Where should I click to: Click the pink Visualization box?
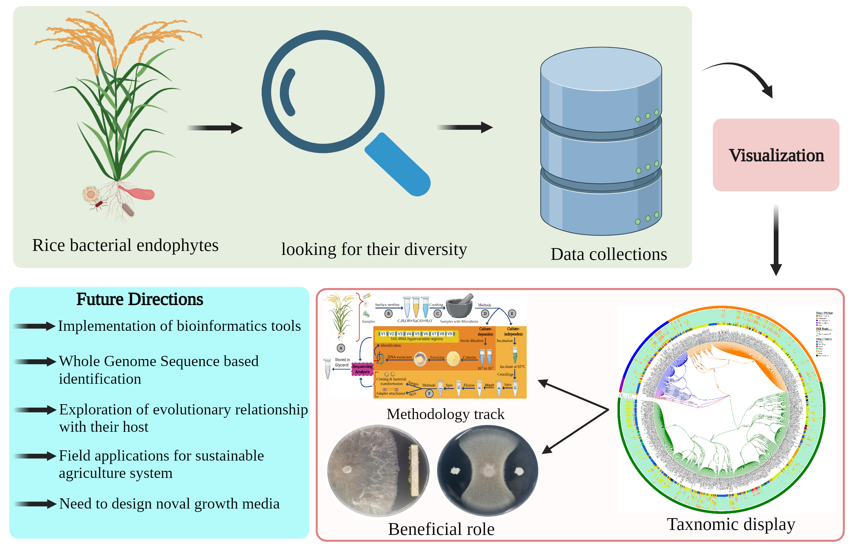(775, 155)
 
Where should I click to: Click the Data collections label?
(608, 254)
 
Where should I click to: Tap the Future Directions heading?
(139, 299)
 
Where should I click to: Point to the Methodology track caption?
(445, 414)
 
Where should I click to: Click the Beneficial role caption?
(441, 529)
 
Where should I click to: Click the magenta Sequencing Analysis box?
(362, 369)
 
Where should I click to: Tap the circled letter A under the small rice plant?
(341, 348)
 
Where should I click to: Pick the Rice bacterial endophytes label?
(125, 245)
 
